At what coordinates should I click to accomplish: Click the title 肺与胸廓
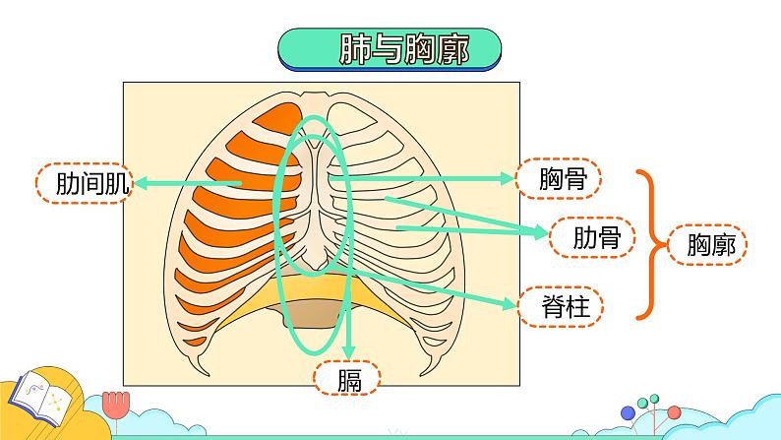tap(403, 49)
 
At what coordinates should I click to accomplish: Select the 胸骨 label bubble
tap(559, 178)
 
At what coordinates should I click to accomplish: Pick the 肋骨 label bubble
tap(592, 237)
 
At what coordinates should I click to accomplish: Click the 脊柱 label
tap(561, 306)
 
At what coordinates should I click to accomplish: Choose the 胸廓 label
tap(707, 245)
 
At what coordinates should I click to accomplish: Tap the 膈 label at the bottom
tap(347, 378)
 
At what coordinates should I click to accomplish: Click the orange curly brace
tap(650, 244)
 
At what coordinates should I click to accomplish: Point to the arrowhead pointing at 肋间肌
tap(141, 183)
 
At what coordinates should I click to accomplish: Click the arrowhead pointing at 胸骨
tap(508, 178)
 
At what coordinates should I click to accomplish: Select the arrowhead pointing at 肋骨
tap(541, 231)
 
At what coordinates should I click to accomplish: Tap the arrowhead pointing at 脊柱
tap(510, 303)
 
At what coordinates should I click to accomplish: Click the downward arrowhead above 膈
tap(349, 351)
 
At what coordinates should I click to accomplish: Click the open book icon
tap(41, 397)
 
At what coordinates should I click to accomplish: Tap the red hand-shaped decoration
tap(116, 404)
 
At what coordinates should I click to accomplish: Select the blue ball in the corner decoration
tap(629, 413)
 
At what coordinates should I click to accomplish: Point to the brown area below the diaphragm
tap(311, 314)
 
